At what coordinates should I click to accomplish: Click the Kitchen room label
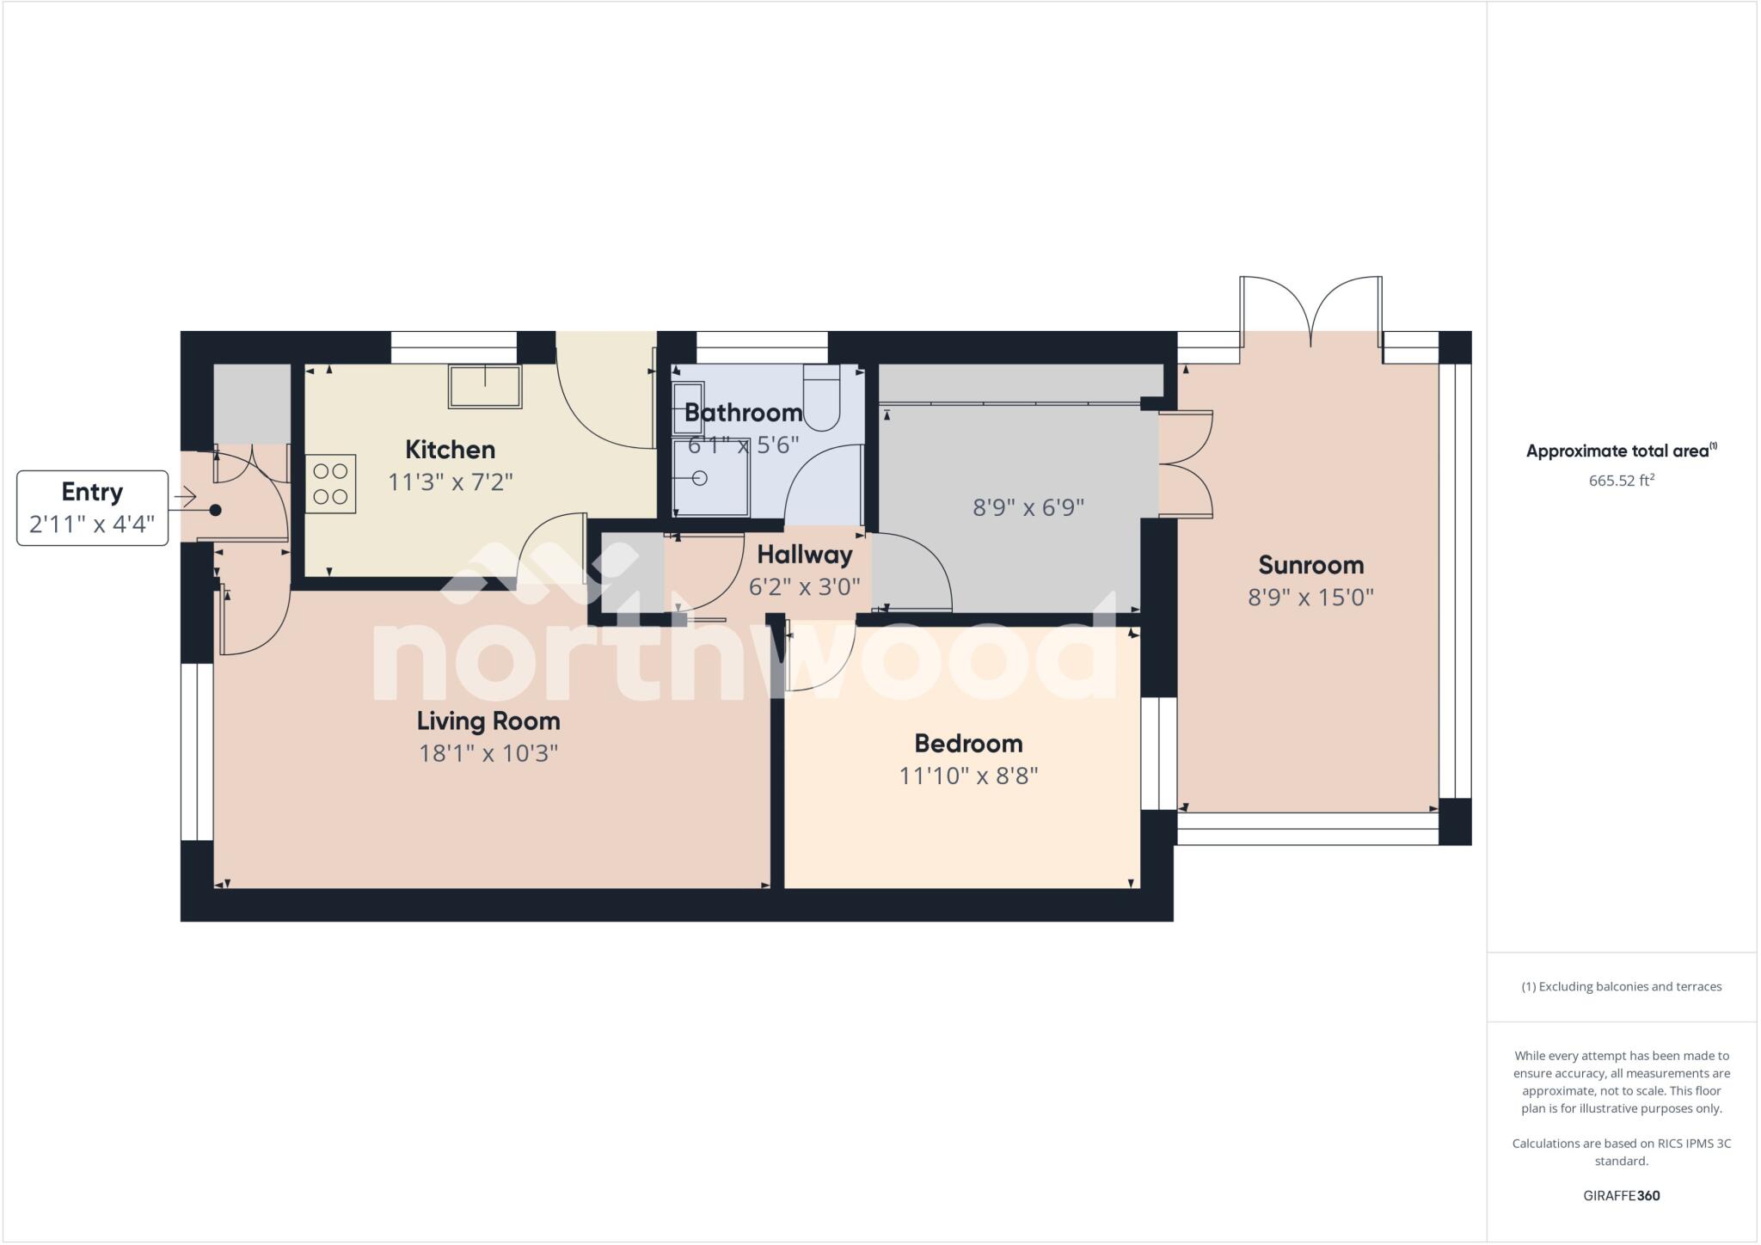(450, 450)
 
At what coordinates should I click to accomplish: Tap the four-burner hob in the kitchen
(330, 484)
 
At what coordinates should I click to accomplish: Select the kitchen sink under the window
(485, 386)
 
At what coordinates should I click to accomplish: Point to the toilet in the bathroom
(821, 397)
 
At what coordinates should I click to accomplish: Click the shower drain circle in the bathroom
(700, 478)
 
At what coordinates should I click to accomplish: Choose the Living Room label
(488, 721)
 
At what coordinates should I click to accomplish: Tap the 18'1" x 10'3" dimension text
(488, 754)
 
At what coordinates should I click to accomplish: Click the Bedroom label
(968, 743)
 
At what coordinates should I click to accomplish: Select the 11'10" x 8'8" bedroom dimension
(968, 776)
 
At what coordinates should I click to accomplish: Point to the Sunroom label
(1310, 565)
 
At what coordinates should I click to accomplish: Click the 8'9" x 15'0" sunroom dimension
(1310, 597)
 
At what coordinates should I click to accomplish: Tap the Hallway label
(805, 555)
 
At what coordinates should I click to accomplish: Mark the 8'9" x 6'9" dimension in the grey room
(1028, 507)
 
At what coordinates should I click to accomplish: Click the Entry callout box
(92, 507)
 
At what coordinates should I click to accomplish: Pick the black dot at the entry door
(216, 510)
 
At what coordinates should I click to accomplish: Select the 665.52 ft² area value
(1621, 481)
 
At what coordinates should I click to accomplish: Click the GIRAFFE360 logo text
(1621, 1195)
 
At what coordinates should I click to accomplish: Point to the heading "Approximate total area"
(1621, 451)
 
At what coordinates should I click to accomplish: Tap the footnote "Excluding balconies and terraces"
(1621, 986)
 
